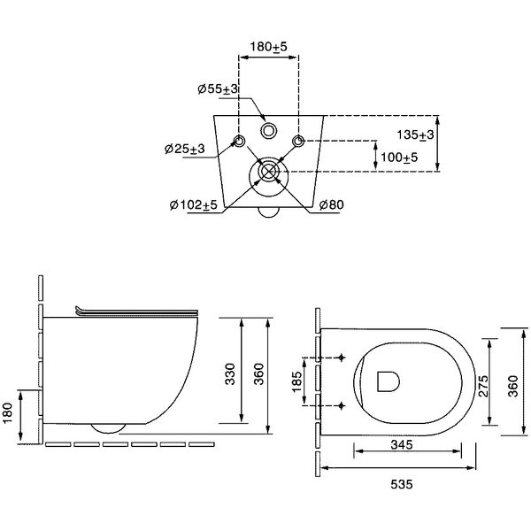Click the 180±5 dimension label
(268, 46)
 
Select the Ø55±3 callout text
(218, 89)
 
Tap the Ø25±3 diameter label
(185, 149)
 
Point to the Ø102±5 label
(193, 204)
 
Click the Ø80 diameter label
(332, 204)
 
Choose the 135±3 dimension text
(415, 135)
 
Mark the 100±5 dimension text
(399, 158)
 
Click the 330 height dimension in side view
(230, 373)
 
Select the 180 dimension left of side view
(7, 412)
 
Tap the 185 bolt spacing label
(296, 381)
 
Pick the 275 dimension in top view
(483, 386)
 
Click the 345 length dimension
(402, 444)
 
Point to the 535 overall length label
(402, 484)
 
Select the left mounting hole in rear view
(240, 141)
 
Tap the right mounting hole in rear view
(298, 141)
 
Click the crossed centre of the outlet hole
(268, 171)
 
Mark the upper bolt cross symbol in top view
(342, 358)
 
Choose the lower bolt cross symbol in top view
(342, 405)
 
